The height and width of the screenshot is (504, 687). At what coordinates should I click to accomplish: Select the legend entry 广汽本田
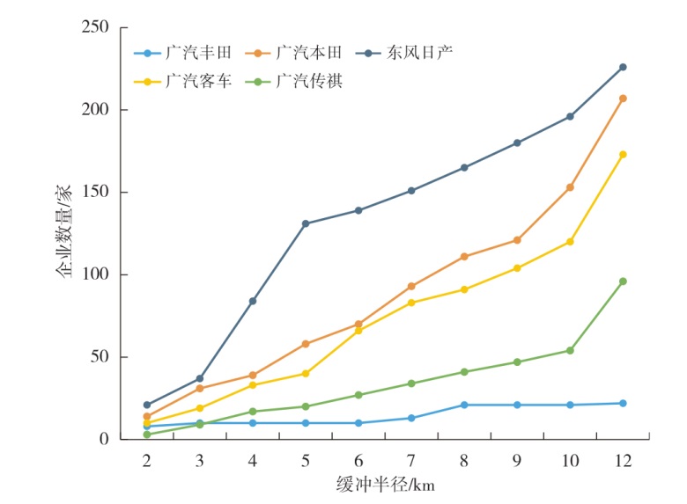tap(304, 53)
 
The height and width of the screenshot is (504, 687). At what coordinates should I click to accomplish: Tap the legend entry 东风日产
tap(418, 53)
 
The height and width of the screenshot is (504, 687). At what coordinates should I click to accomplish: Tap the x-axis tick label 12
tap(622, 460)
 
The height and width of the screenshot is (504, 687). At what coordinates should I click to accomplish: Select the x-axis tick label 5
tap(306, 460)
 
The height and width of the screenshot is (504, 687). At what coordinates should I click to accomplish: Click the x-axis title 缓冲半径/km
tap(386, 485)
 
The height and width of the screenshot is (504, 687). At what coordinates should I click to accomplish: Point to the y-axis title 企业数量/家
tap(65, 234)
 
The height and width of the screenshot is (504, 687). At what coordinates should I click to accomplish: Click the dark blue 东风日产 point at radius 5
tap(306, 223)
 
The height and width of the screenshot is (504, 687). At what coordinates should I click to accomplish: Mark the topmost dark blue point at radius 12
tap(623, 67)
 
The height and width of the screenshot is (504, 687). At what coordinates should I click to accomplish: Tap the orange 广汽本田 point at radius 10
tap(570, 187)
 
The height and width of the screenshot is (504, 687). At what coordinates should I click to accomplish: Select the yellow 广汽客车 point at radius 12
tap(623, 154)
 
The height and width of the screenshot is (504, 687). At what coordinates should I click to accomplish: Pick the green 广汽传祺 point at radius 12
tap(623, 281)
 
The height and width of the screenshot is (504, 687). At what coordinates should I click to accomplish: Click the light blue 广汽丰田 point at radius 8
tap(464, 405)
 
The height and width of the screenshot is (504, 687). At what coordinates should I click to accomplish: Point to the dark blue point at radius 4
tap(253, 301)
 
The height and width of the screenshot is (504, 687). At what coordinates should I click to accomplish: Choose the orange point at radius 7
tap(411, 286)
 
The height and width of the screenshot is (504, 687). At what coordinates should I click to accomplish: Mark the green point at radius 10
tap(570, 350)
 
